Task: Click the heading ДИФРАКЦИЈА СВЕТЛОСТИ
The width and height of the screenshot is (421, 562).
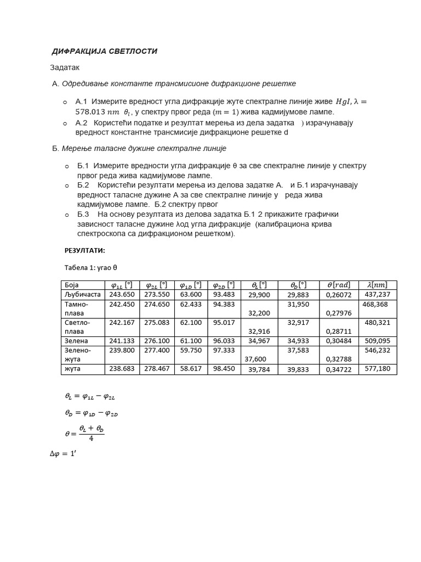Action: [104, 51]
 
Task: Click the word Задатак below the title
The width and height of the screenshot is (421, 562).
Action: [65, 68]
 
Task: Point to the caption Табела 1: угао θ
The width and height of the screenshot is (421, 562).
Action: [91, 267]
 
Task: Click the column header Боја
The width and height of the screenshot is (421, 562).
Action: [72, 285]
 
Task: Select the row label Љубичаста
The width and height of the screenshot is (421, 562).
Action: [82, 294]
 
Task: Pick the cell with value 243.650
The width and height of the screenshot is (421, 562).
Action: [122, 294]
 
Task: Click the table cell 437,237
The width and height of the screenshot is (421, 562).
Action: [377, 294]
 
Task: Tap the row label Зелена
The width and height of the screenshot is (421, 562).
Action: [76, 341]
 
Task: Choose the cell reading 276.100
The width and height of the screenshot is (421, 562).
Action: [157, 341]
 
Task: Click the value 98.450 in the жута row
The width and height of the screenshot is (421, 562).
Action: [224, 369]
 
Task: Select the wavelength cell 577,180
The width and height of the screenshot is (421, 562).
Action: [377, 369]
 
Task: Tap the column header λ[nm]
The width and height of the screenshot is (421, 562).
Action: [377, 285]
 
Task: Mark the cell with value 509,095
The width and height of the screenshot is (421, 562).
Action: [377, 341]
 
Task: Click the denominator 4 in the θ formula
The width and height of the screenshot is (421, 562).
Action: [92, 439]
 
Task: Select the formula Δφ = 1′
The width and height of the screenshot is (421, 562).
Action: [62, 454]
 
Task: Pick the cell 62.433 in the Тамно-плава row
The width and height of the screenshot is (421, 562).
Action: [190, 304]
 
